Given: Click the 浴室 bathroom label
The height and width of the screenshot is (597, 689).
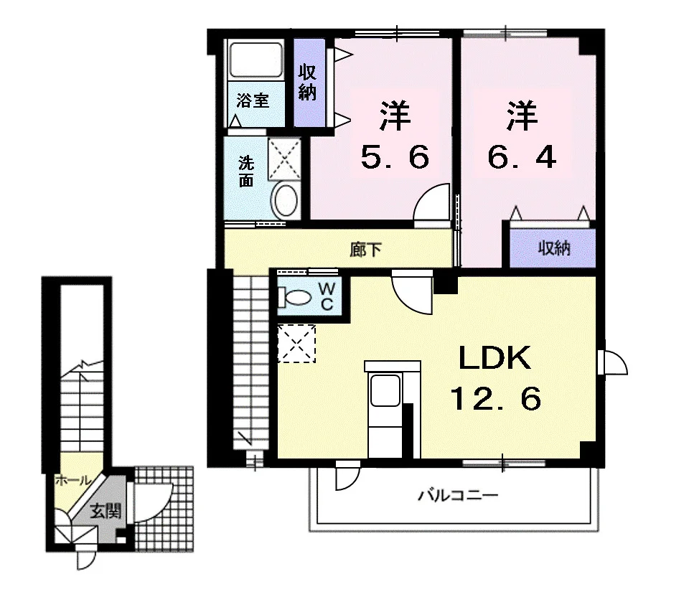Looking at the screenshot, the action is [x=252, y=100].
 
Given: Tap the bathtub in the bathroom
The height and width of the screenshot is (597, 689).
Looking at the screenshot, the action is [x=256, y=60].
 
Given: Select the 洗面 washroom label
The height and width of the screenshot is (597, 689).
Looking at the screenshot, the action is [x=246, y=171].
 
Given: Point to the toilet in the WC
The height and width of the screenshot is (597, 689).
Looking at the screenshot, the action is [x=294, y=298].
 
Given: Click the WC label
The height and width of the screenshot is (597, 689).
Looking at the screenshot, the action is [x=327, y=296].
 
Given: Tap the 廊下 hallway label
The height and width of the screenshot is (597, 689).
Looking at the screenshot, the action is [x=365, y=250].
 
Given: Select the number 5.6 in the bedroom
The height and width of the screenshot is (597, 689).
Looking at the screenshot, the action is [x=394, y=157].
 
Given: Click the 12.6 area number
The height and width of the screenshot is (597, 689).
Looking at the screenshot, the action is [x=496, y=399].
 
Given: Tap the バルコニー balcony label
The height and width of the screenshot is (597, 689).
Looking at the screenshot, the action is [x=458, y=496].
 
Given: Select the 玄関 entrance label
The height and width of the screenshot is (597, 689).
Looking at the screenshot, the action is [x=106, y=511].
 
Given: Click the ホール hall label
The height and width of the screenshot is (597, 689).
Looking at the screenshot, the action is [x=73, y=480].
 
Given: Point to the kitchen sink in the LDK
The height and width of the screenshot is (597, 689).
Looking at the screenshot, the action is [x=385, y=390].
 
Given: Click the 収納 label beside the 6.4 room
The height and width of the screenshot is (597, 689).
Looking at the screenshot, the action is [x=554, y=249].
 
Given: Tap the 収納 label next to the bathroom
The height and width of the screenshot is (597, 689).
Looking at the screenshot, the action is [x=307, y=83].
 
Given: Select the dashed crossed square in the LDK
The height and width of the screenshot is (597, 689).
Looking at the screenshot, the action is [x=296, y=344].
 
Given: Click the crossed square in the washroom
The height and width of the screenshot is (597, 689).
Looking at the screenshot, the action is [x=285, y=159].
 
